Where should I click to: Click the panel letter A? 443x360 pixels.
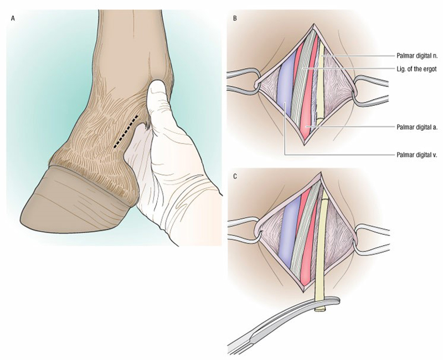(x=13, y=18)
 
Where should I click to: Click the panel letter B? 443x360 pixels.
(x=235, y=18)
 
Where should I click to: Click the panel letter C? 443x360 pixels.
(x=235, y=177)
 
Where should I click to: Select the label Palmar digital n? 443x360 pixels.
(x=417, y=56)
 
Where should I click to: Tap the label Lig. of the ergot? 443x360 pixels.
(x=416, y=69)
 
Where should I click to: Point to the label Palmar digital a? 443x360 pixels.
(x=417, y=127)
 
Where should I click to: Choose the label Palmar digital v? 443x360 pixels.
(x=417, y=155)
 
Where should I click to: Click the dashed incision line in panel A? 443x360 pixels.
(x=126, y=131)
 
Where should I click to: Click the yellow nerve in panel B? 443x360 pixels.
(x=321, y=85)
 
